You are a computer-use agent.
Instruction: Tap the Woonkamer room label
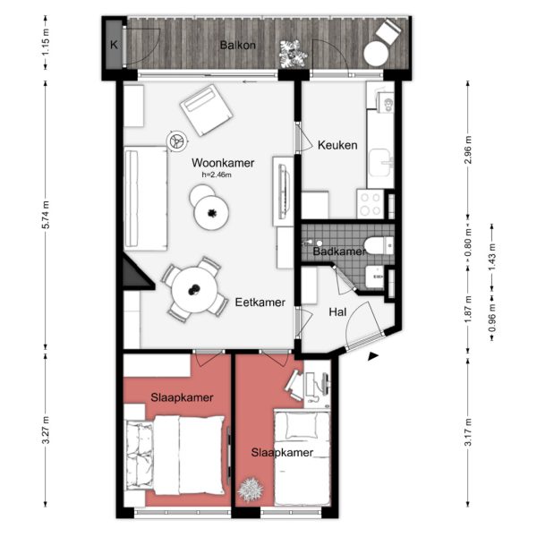pos(223,163)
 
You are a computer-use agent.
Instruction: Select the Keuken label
pos(337,145)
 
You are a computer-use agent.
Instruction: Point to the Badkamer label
pos(339,251)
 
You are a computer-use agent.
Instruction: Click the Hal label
pos(338,312)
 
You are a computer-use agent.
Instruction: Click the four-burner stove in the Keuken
pos(371,204)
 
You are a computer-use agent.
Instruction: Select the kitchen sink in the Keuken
pos(384,161)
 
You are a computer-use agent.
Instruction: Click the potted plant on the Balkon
pos(290,53)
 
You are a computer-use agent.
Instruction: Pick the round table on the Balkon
pos(373,55)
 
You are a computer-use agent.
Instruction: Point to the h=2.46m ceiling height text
pos(216,175)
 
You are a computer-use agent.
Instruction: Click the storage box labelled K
pos(115,45)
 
